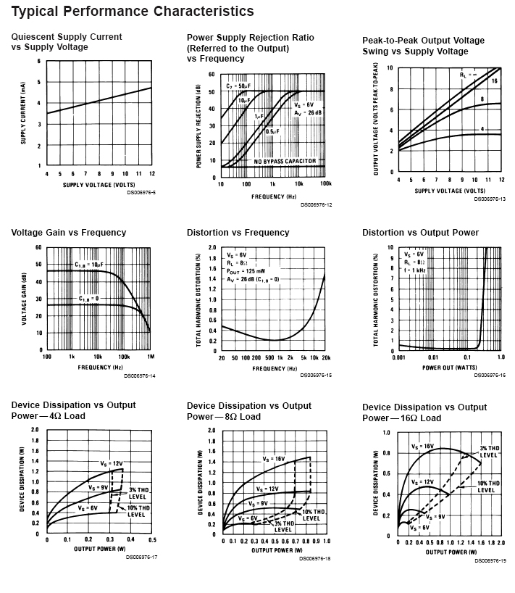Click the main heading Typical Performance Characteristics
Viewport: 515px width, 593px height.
(133, 12)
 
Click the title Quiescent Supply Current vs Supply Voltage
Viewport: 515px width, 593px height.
(67, 42)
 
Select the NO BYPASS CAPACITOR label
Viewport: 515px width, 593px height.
(285, 161)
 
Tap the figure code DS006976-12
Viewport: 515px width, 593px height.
(316, 205)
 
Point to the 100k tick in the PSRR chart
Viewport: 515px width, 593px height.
(325, 184)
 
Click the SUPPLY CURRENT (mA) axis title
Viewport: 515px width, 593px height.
(23, 114)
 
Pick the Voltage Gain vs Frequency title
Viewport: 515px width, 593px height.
(69, 233)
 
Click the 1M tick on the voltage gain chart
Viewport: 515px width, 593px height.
(149, 357)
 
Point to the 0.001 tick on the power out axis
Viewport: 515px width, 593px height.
(397, 358)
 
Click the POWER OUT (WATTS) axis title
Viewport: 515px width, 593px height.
(449, 368)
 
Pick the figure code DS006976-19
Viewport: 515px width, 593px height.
(490, 560)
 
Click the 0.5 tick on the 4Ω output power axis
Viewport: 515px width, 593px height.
(152, 540)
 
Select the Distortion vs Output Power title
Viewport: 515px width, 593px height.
(420, 233)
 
